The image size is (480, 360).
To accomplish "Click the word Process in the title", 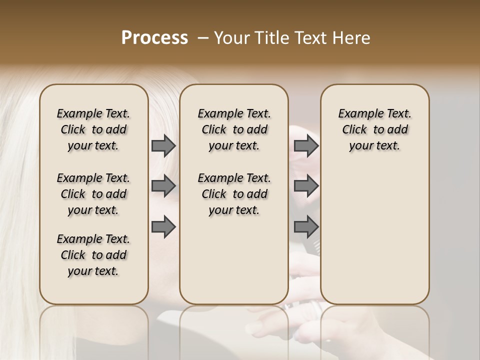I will [154, 37].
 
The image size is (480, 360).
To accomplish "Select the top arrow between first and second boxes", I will [163, 145].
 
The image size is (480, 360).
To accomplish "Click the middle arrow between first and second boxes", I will [163, 186].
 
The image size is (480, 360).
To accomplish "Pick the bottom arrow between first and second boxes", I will [163, 227].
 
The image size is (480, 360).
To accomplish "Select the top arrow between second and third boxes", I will [306, 145].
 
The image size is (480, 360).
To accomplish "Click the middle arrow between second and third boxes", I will [306, 186].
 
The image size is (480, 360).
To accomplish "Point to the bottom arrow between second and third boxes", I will [306, 227].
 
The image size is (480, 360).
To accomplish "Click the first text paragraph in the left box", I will [93, 129].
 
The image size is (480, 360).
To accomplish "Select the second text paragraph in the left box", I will [93, 194].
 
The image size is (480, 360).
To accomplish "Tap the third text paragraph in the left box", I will [93, 255].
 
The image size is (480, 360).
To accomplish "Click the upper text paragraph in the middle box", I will [234, 129].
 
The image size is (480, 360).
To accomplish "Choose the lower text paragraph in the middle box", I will [234, 194].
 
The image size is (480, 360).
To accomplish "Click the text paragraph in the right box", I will [374, 129].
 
